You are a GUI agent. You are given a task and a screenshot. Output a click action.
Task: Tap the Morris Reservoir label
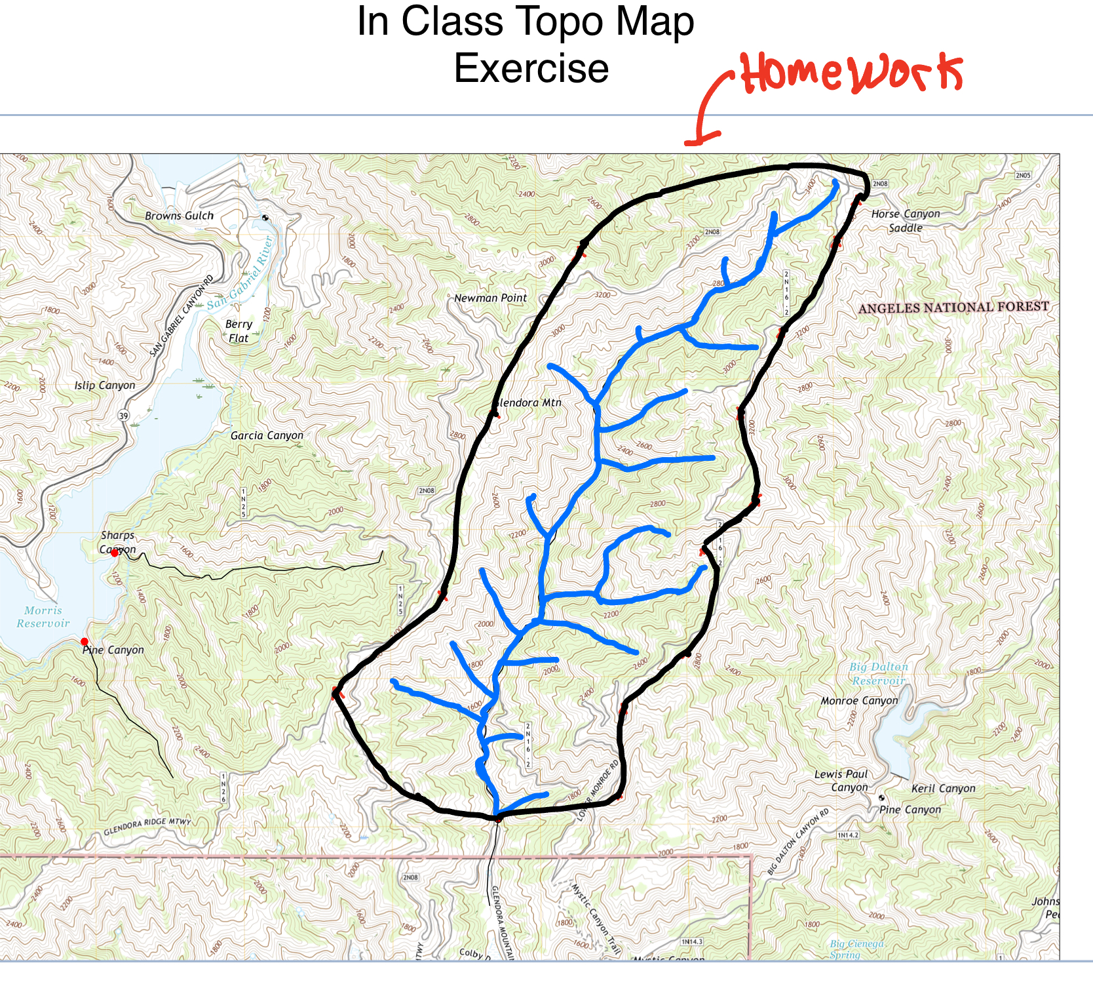point(43,617)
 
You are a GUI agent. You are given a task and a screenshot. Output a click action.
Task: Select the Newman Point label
point(490,298)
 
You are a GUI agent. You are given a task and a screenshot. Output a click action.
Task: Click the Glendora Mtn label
point(528,403)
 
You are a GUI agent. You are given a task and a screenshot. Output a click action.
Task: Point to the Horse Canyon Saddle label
point(905,221)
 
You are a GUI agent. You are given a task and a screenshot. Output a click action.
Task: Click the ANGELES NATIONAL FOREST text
point(953,307)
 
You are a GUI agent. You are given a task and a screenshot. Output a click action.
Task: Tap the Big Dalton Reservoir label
point(878,673)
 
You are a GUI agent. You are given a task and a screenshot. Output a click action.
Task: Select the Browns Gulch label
point(179,216)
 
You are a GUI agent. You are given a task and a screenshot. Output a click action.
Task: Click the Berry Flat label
point(239,331)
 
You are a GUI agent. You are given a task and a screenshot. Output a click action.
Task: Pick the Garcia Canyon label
point(267,435)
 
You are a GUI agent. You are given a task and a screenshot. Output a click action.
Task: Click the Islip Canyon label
point(105,385)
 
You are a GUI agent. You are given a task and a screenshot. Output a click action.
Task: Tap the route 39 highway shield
point(123,416)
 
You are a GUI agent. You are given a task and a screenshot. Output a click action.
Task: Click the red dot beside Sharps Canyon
point(115,553)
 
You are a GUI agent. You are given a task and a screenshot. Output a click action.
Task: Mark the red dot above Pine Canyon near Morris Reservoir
point(84,641)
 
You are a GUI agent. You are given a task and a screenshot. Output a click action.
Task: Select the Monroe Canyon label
point(859,701)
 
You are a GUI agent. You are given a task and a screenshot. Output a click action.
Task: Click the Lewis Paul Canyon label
point(841,781)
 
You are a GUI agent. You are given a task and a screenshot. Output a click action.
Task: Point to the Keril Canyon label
point(943,789)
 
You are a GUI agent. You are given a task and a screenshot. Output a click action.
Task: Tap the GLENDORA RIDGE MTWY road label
point(147,826)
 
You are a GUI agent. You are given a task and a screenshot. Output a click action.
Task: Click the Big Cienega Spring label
point(856,949)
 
